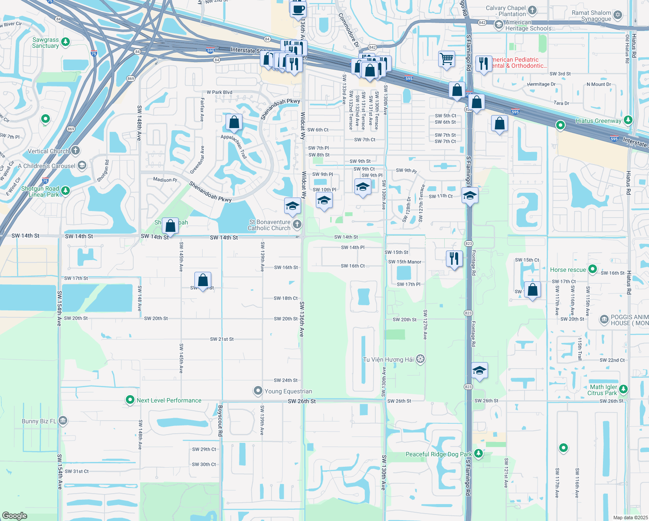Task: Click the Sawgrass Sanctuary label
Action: pyautogui.click(x=46, y=43)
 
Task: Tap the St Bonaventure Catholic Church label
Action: pyautogui.click(x=269, y=225)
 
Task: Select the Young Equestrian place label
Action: pyautogui.click(x=288, y=391)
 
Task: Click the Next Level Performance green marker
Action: pyautogui.click(x=130, y=400)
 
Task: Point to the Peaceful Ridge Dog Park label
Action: pyautogui.click(x=438, y=454)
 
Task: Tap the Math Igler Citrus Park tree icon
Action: pyautogui.click(x=623, y=389)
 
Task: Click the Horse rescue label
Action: pyautogui.click(x=568, y=270)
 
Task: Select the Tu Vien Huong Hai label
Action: pyautogui.click(x=388, y=359)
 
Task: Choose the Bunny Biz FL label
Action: pyautogui.click(x=39, y=421)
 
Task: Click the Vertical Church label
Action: pyautogui.click(x=48, y=151)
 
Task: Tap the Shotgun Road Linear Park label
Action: pyautogui.click(x=40, y=191)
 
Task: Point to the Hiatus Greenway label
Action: pyautogui.click(x=598, y=121)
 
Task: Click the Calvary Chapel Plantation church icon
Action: pyautogui.click(x=532, y=10)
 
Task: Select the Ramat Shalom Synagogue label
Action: pyautogui.click(x=591, y=16)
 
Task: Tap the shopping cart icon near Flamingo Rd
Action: pyautogui.click(x=446, y=58)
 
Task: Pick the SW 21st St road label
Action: pyautogui.click(x=222, y=339)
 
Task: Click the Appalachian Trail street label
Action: pyautogui.click(x=234, y=147)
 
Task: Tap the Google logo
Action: pyautogui.click(x=14, y=516)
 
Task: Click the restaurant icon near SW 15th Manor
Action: pyautogui.click(x=454, y=258)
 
